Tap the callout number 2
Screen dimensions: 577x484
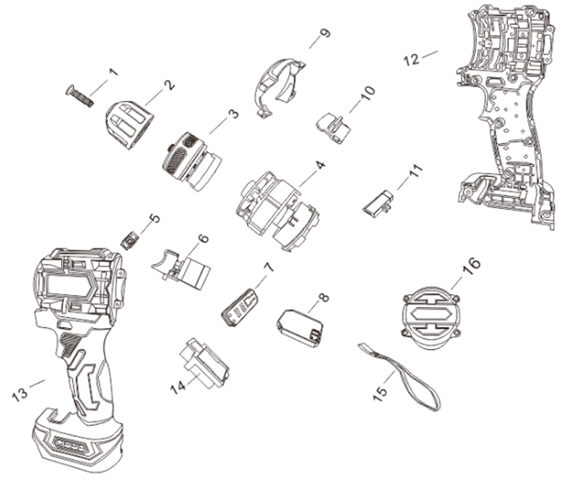(169, 85)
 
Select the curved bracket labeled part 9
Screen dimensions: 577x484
(280, 87)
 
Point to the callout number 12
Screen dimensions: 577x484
(411, 60)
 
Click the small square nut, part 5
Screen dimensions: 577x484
(129, 241)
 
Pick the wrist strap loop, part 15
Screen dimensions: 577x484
(399, 377)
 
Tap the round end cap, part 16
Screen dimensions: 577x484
(430, 318)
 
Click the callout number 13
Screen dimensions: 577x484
(20, 394)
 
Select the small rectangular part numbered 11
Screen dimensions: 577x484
(378, 203)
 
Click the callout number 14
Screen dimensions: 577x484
(178, 387)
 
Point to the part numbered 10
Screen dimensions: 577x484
(334, 128)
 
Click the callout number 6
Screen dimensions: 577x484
(203, 238)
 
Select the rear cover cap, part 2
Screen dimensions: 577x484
(130, 125)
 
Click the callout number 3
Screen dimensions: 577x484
(233, 113)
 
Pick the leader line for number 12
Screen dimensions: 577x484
(429, 54)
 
